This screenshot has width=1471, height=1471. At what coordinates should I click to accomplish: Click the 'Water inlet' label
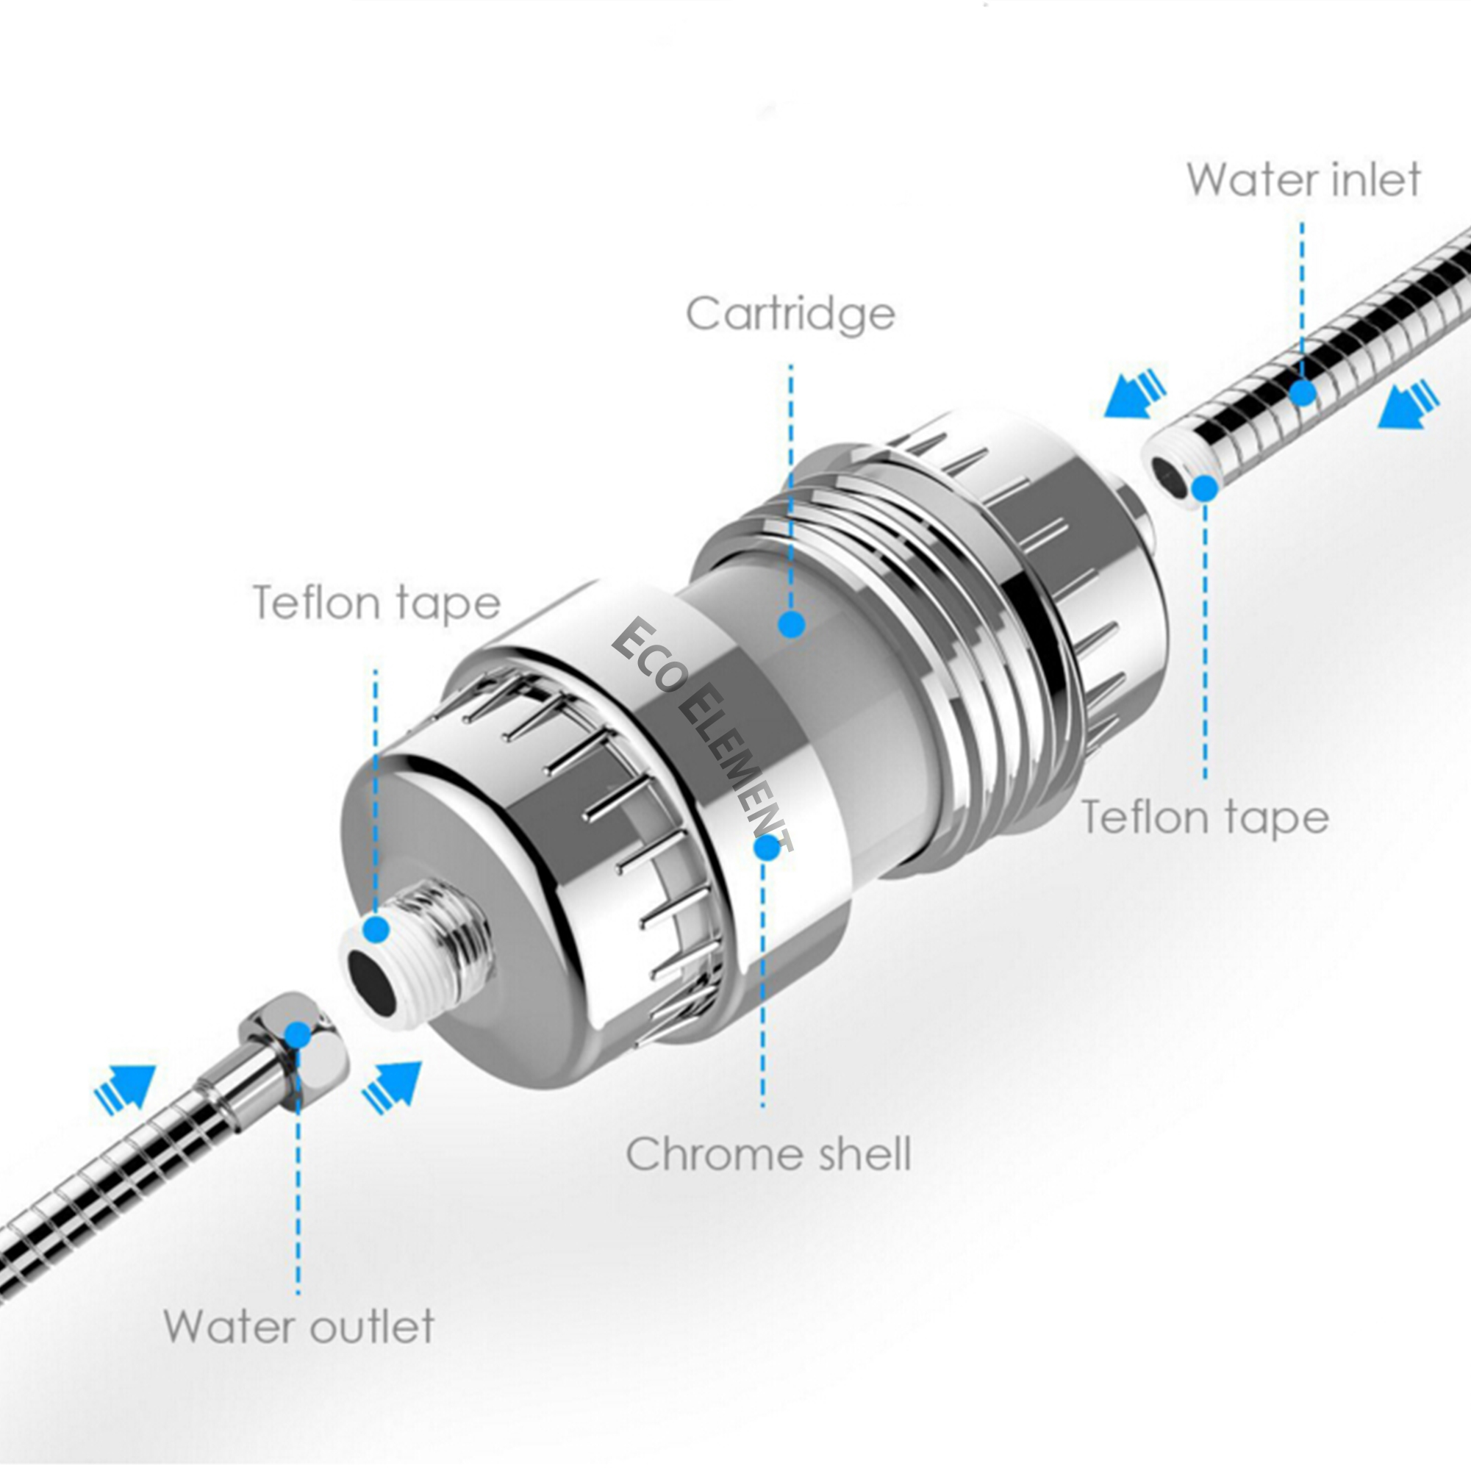[x=1303, y=179]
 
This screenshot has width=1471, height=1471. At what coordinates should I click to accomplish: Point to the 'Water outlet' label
[x=298, y=1325]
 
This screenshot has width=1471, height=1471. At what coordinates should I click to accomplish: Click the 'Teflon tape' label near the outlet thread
[x=376, y=602]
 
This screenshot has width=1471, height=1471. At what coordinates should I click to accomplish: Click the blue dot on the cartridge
[x=792, y=624]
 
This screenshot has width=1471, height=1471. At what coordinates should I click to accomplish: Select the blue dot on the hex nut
[x=298, y=1035]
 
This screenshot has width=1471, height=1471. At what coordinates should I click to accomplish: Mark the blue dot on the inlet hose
[x=1303, y=393]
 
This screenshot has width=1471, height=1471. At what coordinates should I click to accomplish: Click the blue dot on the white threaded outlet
[x=376, y=929]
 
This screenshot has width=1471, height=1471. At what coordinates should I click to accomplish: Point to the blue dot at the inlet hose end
[x=1204, y=487]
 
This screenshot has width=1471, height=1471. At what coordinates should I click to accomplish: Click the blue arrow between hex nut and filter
[x=393, y=1085]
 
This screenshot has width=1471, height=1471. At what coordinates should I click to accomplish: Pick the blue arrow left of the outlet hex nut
[x=125, y=1085]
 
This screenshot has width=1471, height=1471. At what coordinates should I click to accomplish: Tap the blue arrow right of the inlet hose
[x=1409, y=404]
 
